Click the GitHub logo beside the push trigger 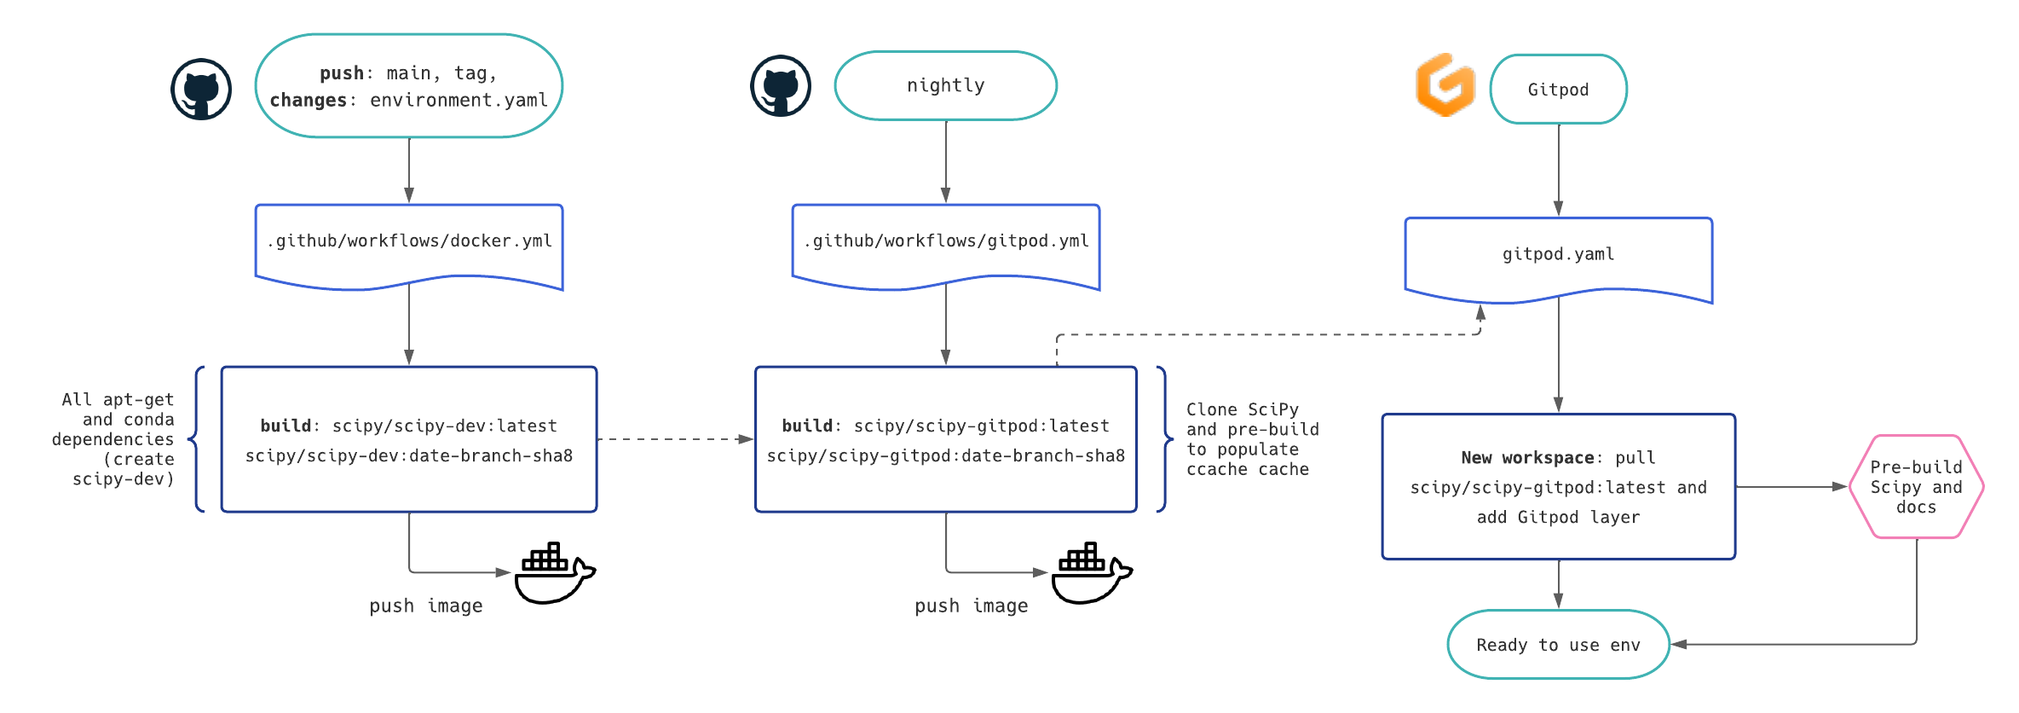pyautogui.click(x=201, y=89)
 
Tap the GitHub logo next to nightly pyautogui.click(x=780, y=86)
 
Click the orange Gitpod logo pyautogui.click(x=1445, y=84)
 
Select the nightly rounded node pyautogui.click(x=945, y=85)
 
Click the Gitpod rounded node pyautogui.click(x=1558, y=90)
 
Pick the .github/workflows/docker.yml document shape pyautogui.click(x=409, y=242)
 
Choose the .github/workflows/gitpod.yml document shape pyautogui.click(x=945, y=242)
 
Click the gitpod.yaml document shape pyautogui.click(x=1558, y=255)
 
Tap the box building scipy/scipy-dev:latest pyautogui.click(x=409, y=439)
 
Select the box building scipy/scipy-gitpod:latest pyautogui.click(x=945, y=439)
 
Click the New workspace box pyautogui.click(x=1558, y=487)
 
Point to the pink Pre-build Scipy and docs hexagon pyautogui.click(x=1916, y=487)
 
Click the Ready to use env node pyautogui.click(x=1558, y=645)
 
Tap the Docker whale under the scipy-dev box pyautogui.click(x=554, y=573)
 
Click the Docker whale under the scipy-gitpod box pyautogui.click(x=1091, y=573)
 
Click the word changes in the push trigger pyautogui.click(x=308, y=101)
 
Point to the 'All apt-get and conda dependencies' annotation pyautogui.click(x=115, y=439)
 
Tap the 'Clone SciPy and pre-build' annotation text pyautogui.click(x=1251, y=439)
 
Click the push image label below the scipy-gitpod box pyautogui.click(x=971, y=606)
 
